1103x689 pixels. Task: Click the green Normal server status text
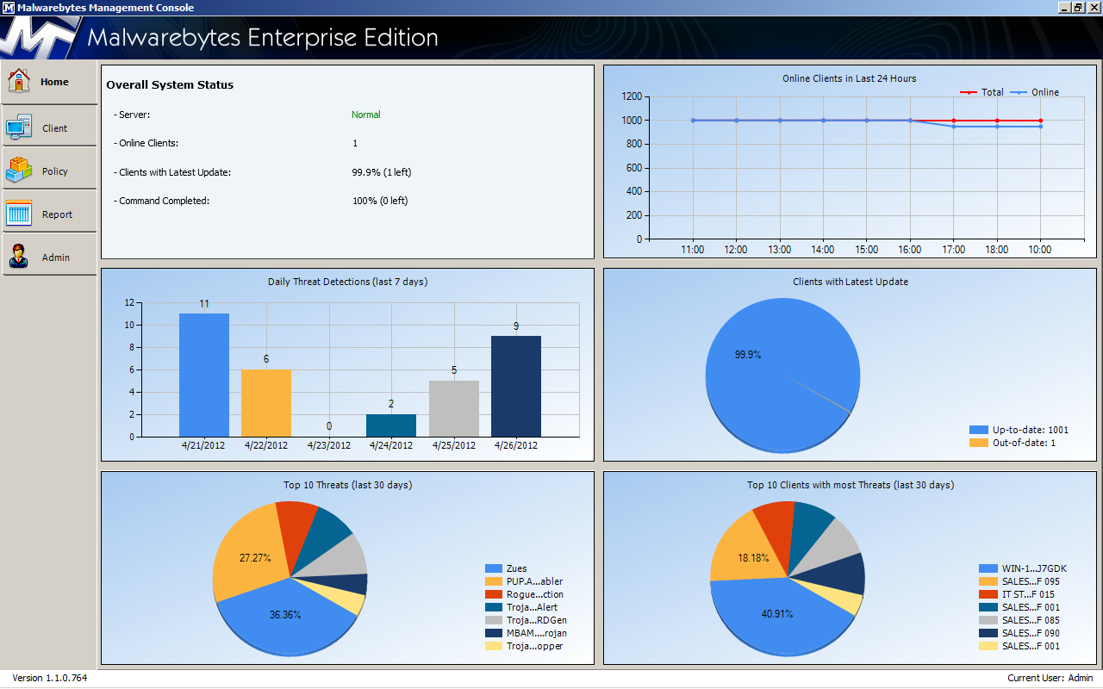coord(365,115)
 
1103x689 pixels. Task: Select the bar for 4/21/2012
coord(204,375)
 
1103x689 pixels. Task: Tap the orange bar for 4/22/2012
coord(266,402)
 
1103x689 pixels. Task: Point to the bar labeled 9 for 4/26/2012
coord(516,386)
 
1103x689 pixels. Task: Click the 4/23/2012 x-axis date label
coord(329,446)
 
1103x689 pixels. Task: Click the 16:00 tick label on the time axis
coord(910,250)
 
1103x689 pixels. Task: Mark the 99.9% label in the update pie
coord(748,355)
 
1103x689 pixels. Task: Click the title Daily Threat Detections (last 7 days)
coord(347,282)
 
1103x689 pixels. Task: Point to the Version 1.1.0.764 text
coord(50,678)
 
